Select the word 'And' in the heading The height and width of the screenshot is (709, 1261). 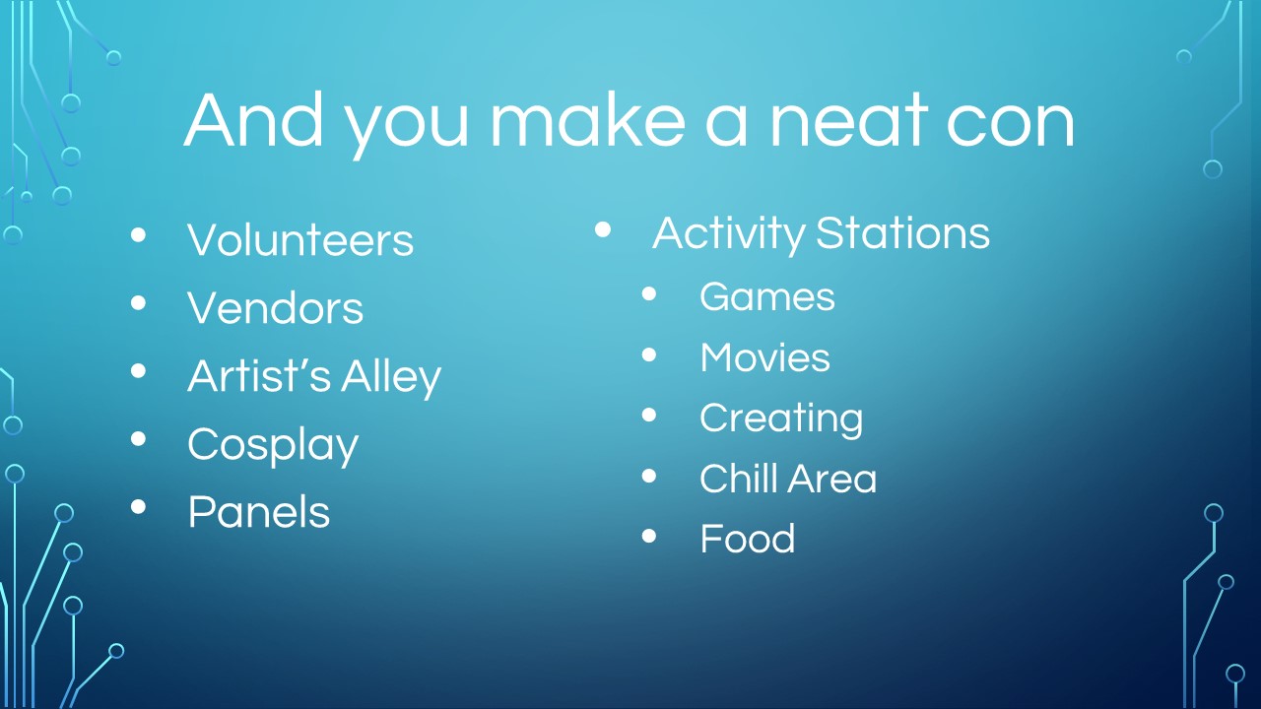coord(254,119)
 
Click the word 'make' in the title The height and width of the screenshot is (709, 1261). coord(588,119)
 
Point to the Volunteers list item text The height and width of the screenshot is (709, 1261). coord(300,239)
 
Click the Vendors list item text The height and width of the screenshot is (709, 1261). coord(275,308)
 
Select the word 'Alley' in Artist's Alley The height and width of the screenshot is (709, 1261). coord(391,376)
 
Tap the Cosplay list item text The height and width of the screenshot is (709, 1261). coord(273,444)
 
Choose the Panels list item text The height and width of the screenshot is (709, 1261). coord(258,512)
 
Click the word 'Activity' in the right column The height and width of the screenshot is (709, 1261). coord(729,233)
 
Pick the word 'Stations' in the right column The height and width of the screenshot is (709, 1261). coord(902,233)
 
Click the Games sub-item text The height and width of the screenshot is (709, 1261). coord(766,296)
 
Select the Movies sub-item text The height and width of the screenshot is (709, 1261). coord(764,357)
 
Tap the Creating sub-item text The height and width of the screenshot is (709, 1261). coord(781,419)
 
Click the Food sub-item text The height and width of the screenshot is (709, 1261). coord(747,539)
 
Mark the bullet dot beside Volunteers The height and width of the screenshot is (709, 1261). coord(138,234)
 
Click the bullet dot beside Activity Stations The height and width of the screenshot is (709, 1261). coord(602,229)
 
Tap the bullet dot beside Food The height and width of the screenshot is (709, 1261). coord(649,536)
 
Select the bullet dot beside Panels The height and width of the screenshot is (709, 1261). coord(138,507)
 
